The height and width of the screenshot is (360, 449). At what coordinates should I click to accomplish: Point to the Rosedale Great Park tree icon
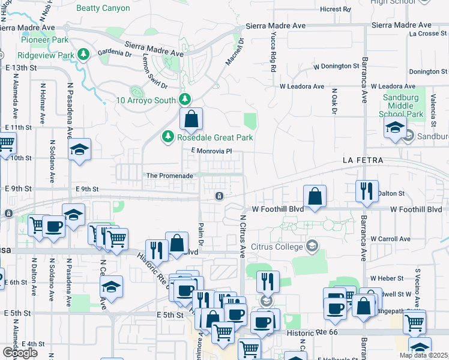[x=168, y=138]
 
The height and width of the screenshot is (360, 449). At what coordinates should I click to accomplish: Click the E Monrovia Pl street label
[x=211, y=152]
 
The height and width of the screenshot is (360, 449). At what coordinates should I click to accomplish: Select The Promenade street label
[x=170, y=176]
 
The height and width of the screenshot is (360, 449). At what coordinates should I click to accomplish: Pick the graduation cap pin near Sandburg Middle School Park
[x=396, y=128]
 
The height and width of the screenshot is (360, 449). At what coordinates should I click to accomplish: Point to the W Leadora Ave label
[x=306, y=86]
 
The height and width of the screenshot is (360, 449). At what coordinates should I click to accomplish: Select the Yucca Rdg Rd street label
[x=272, y=61]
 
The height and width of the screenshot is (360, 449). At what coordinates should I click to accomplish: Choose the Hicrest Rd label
[x=335, y=10]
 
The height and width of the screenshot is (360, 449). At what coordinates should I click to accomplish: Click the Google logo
[x=20, y=353]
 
